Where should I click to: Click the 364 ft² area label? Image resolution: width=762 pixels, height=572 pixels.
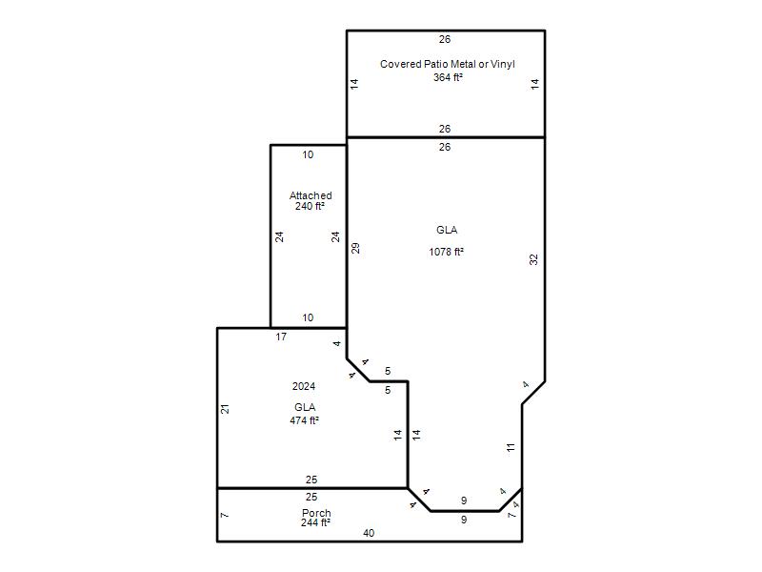tap(448, 77)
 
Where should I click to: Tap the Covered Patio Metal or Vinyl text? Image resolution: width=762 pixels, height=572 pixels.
tap(447, 64)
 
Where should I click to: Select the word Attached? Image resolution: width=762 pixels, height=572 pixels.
tap(311, 195)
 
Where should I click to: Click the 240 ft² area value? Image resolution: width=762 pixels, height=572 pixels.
tap(310, 206)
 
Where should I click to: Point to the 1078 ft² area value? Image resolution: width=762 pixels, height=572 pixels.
tap(446, 252)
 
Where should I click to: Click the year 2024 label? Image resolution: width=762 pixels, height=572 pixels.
tap(304, 386)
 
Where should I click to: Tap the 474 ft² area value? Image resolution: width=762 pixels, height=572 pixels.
tap(304, 420)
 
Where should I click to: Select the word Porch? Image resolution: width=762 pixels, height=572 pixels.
tap(316, 513)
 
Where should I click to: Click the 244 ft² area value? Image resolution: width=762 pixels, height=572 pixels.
tap(315, 522)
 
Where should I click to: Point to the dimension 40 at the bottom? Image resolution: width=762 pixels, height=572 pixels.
tap(369, 533)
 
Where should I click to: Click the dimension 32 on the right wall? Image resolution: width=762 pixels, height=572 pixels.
tap(533, 259)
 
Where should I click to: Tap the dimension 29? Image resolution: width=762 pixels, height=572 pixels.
tap(355, 249)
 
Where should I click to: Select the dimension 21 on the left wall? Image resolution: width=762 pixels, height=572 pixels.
tap(225, 409)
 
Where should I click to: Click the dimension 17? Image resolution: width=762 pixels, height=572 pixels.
tap(281, 337)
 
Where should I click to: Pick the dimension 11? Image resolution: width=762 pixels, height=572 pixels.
tap(511, 447)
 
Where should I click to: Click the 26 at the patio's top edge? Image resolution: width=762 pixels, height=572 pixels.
tap(445, 39)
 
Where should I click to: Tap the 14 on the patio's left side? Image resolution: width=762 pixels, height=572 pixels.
tap(354, 84)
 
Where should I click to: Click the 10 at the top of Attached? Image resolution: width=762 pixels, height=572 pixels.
tap(308, 154)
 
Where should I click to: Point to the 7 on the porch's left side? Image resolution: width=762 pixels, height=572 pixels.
tap(225, 515)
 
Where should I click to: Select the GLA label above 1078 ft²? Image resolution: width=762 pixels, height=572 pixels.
tap(447, 230)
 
